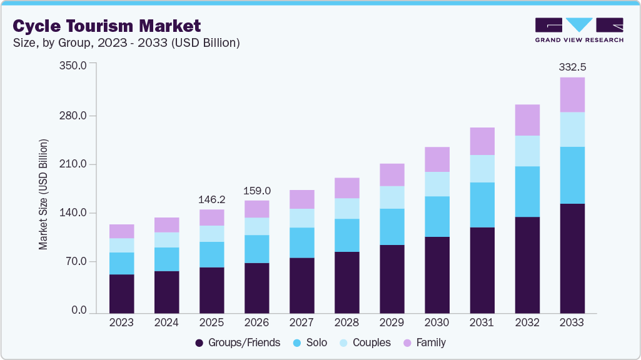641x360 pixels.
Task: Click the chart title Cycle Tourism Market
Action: (107, 26)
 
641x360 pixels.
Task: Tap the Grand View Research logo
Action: (579, 30)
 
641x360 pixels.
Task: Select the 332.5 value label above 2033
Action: (572, 66)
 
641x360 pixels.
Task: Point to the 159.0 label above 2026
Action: (256, 190)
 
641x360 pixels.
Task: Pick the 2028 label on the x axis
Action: (346, 323)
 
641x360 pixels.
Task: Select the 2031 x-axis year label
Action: (482, 323)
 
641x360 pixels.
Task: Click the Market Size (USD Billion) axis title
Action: (43, 195)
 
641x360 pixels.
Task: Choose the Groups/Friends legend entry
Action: (238, 342)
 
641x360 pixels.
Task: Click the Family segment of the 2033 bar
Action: (572, 94)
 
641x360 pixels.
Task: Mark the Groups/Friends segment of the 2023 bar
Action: (121, 293)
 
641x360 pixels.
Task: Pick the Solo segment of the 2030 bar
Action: (437, 216)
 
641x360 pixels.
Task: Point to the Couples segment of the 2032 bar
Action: (527, 151)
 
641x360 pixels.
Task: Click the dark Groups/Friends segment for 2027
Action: (301, 285)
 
